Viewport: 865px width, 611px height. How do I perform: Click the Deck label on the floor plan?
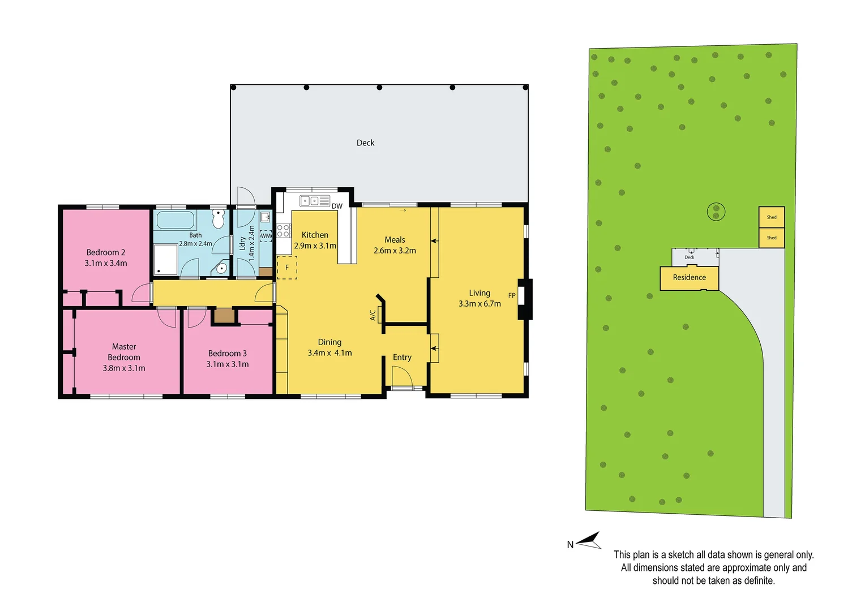click(x=365, y=143)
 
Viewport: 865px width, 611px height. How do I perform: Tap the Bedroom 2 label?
click(x=106, y=252)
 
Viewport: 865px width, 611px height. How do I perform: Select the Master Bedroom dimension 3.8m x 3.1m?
click(x=124, y=368)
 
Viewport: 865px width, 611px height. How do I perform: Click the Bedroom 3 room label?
click(x=227, y=354)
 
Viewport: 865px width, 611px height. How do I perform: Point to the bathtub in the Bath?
click(x=175, y=220)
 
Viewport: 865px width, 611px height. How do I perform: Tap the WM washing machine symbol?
click(x=266, y=236)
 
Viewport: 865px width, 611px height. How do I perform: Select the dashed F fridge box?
click(x=287, y=268)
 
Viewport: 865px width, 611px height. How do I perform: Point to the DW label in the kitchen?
click(x=337, y=206)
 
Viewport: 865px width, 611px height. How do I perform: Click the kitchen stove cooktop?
click(x=284, y=231)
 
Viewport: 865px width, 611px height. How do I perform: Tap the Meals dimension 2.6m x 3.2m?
click(x=395, y=251)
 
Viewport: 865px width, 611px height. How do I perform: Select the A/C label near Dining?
click(x=373, y=315)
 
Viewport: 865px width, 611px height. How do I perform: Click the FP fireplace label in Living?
click(x=512, y=295)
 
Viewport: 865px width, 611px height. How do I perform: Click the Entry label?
click(x=402, y=358)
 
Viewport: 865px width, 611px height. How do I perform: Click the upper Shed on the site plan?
click(x=772, y=217)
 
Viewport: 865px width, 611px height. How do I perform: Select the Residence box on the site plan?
click(x=689, y=278)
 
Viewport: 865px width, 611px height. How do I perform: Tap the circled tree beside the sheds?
click(x=716, y=212)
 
